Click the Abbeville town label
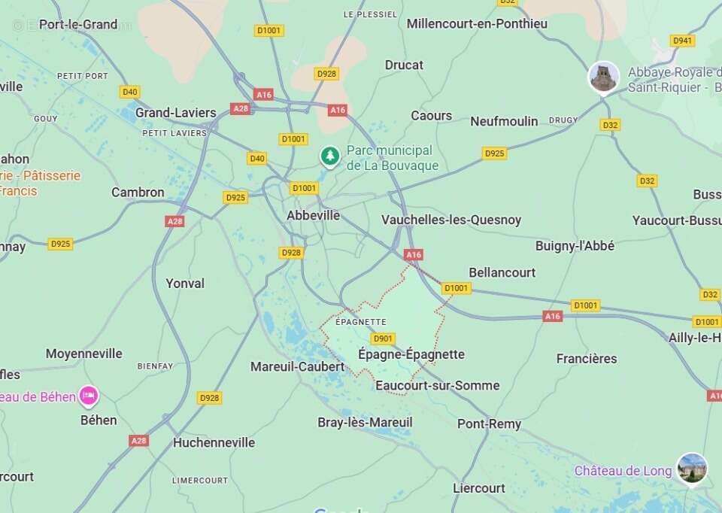[x=313, y=215]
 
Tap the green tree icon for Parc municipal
[x=329, y=156]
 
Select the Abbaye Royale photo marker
[x=603, y=77]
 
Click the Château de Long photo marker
[x=691, y=468]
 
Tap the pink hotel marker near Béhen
[x=89, y=396]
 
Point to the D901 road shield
[x=383, y=338]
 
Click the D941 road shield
[x=682, y=41]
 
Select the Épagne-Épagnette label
[x=411, y=354]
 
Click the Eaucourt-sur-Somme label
[x=436, y=386]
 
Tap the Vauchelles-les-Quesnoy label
[x=450, y=220]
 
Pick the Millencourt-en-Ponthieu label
[x=477, y=23]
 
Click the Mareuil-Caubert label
[x=297, y=367]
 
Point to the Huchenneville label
[x=214, y=442]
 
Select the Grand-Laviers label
[x=175, y=113]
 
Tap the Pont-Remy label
[x=489, y=424]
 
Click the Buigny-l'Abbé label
[x=575, y=246]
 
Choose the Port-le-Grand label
[x=78, y=24]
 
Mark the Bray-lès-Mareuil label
[x=365, y=423]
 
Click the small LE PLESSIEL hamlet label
[x=369, y=14]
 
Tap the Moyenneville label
[x=83, y=354]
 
